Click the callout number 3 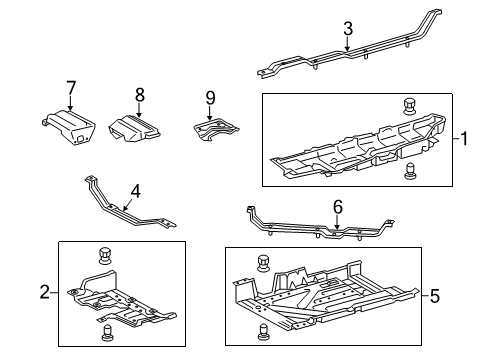[348, 29]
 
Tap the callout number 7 [71, 88]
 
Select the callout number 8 [140, 95]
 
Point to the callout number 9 [210, 98]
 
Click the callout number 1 [464, 139]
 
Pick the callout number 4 [136, 192]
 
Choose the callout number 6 [338, 207]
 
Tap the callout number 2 [45, 292]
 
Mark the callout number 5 [435, 296]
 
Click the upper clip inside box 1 [409, 106]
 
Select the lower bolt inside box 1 [409, 171]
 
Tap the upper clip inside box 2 [105, 256]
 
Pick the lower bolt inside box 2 [106, 333]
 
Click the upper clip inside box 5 [263, 263]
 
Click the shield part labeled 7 [69, 127]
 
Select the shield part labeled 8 [134, 129]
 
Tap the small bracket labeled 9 [216, 130]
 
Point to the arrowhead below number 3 [347, 48]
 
